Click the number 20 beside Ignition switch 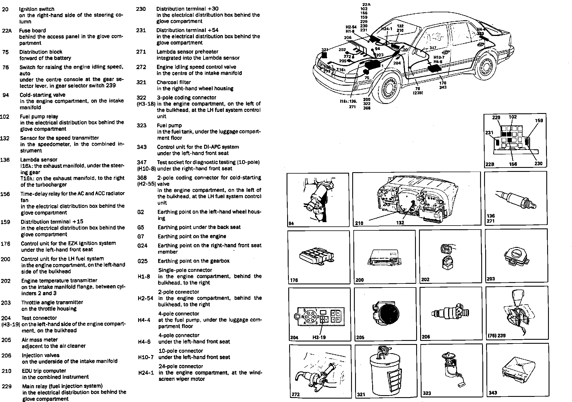coord(5,9)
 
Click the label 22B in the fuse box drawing coord(490,164)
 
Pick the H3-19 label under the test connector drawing coord(319,337)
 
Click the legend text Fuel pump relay coord(39,116)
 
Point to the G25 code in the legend coord(142,261)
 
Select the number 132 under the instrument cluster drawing coord(400,223)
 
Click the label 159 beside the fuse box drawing coord(539,120)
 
